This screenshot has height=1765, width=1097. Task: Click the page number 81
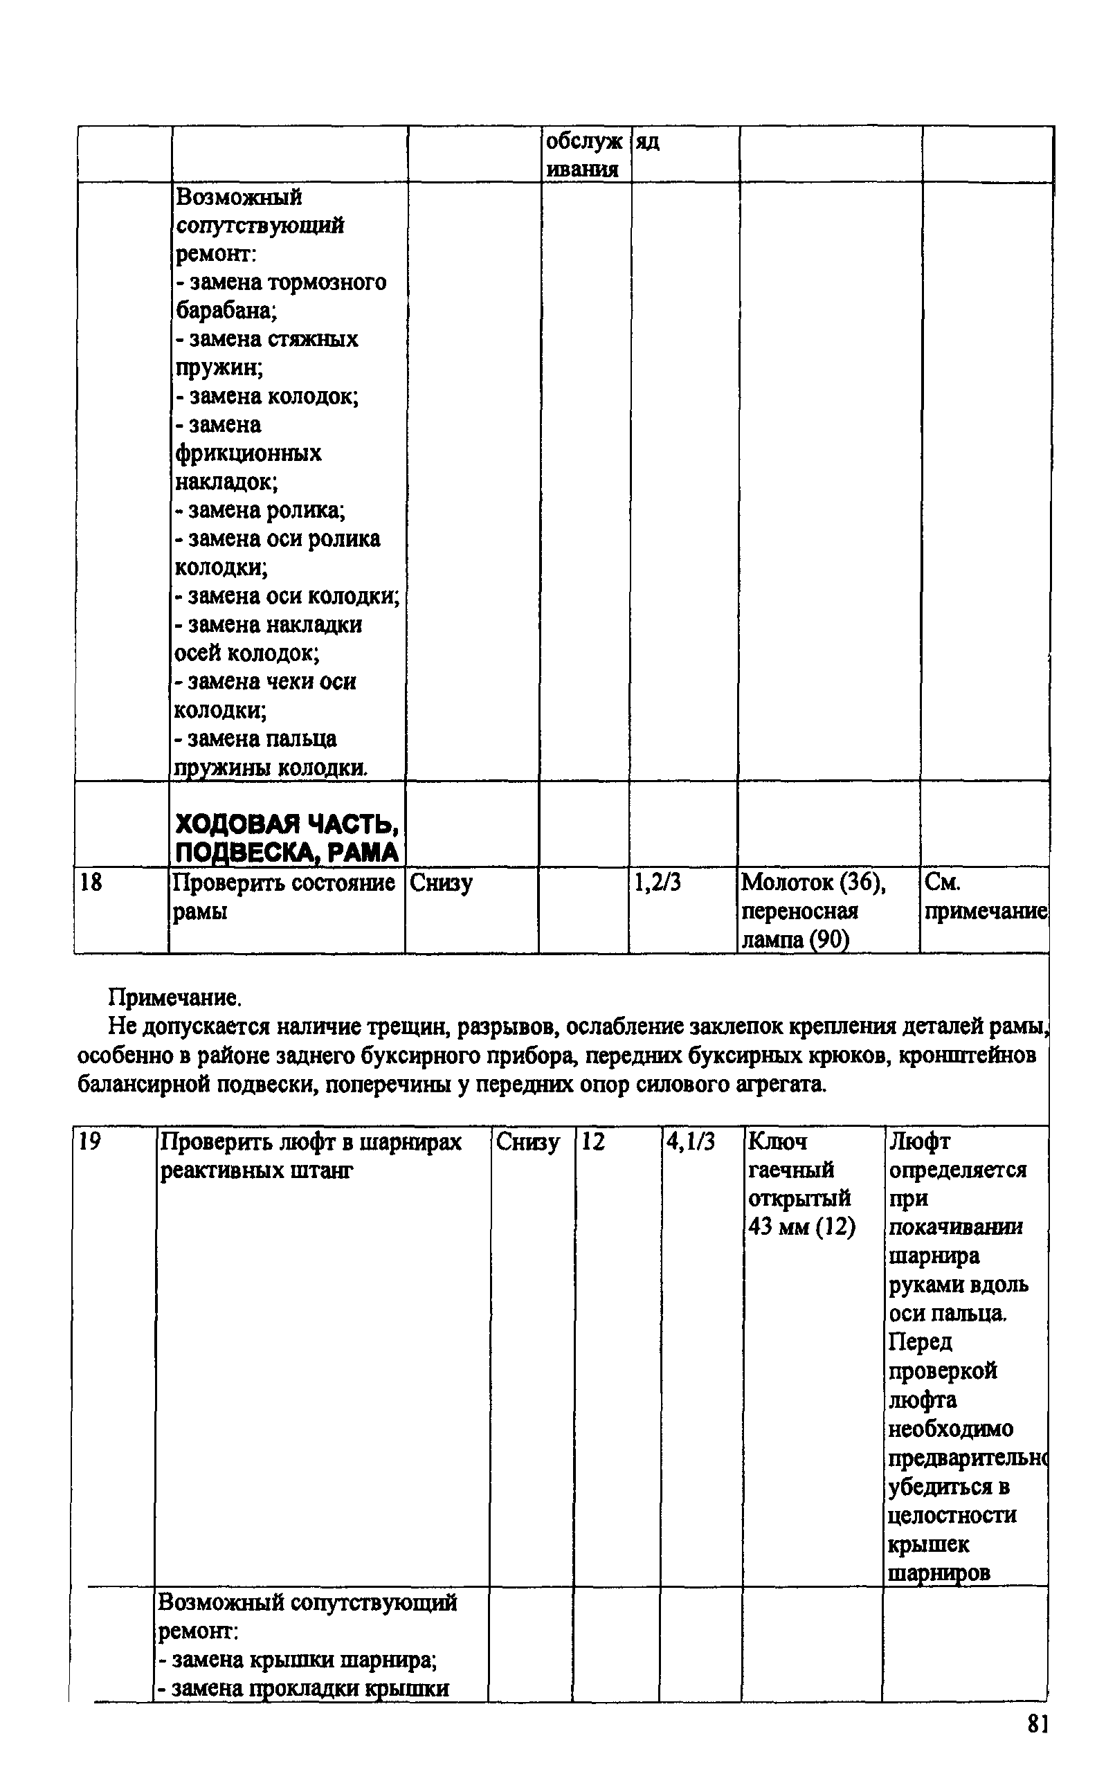point(1037,1724)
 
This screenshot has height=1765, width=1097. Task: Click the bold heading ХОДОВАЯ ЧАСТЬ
point(287,824)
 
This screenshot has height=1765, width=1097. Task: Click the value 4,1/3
point(691,1143)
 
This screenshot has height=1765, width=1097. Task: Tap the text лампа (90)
point(795,940)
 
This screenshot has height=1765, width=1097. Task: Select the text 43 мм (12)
point(801,1227)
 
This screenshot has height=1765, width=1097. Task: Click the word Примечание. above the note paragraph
point(175,999)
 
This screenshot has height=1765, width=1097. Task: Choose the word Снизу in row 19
point(528,1143)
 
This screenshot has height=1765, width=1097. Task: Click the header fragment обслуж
point(583,142)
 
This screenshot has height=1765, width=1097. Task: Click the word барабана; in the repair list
point(226,311)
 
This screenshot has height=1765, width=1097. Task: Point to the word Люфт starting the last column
point(919,1142)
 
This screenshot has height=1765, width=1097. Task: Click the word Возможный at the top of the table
point(239,197)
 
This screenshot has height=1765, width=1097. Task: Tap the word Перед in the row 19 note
point(921,1342)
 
